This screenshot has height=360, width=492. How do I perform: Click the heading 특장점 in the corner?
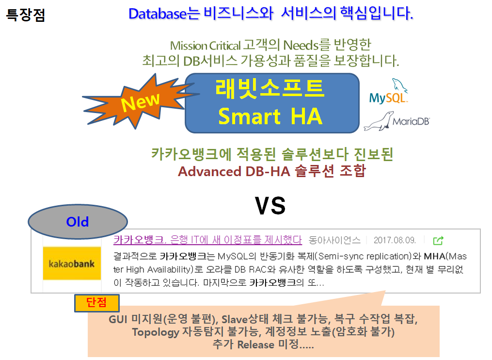point(26,15)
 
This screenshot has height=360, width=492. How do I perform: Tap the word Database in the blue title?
point(158,14)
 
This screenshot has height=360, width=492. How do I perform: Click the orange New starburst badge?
point(140,101)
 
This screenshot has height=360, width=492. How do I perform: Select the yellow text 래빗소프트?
point(270,89)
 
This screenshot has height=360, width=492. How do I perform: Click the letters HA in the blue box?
point(306,116)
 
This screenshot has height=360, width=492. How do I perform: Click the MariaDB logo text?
point(411,121)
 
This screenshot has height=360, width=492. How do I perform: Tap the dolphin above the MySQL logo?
point(399,85)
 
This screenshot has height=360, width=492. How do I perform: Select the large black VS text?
point(270,206)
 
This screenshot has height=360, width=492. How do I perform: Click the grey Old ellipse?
point(78,222)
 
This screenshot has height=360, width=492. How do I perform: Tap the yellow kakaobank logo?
point(72,263)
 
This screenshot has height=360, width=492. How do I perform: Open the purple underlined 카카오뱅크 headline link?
point(207,240)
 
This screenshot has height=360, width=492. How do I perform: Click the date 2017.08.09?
point(395,240)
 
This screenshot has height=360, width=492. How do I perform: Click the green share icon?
point(438,241)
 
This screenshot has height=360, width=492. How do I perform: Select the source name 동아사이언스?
point(334,240)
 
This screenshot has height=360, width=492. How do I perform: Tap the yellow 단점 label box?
point(97,303)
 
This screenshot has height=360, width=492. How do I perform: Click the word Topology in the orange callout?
point(156,332)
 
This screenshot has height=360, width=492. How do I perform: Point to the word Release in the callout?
point(256,344)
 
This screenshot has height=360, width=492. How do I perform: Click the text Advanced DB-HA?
point(234,172)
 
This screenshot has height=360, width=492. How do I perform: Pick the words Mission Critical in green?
point(205,46)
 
